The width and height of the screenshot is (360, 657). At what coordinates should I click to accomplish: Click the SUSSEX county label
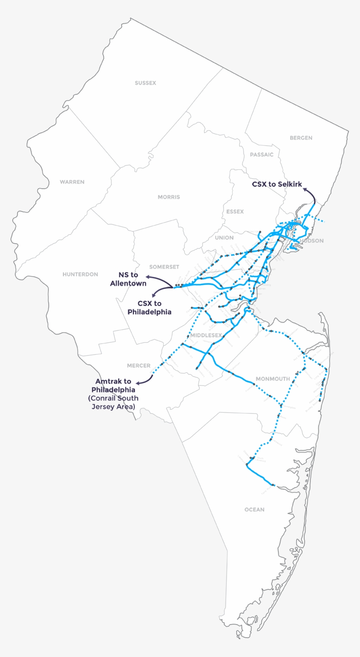(145, 83)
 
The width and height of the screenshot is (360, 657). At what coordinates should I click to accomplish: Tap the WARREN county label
(72, 182)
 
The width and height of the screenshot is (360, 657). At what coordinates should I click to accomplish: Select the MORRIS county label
(169, 197)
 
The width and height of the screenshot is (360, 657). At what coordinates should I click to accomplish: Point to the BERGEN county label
(301, 138)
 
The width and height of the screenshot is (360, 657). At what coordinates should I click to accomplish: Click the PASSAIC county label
(262, 154)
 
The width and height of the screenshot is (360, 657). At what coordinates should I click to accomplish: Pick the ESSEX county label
(235, 212)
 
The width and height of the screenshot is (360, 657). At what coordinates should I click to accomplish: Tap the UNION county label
(224, 238)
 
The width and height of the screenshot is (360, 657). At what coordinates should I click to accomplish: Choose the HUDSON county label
(312, 241)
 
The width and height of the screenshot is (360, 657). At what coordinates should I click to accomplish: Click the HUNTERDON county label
(80, 274)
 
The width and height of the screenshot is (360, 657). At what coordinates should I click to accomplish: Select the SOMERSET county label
(164, 267)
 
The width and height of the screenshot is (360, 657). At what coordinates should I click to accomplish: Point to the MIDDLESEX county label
(206, 335)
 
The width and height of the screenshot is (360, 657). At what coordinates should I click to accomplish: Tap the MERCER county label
(139, 366)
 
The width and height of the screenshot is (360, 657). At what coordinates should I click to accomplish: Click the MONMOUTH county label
(273, 379)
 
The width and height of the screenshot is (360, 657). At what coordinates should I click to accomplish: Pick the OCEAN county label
(255, 510)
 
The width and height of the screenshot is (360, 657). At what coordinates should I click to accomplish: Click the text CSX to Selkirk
(277, 184)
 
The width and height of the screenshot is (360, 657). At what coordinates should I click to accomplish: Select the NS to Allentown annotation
(128, 279)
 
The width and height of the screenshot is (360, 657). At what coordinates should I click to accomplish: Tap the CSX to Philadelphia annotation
(149, 308)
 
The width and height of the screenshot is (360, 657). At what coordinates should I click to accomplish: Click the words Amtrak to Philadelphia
(113, 385)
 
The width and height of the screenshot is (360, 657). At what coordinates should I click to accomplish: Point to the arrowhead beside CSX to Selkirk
(306, 189)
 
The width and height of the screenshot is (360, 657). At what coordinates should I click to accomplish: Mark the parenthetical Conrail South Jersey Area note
(113, 402)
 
